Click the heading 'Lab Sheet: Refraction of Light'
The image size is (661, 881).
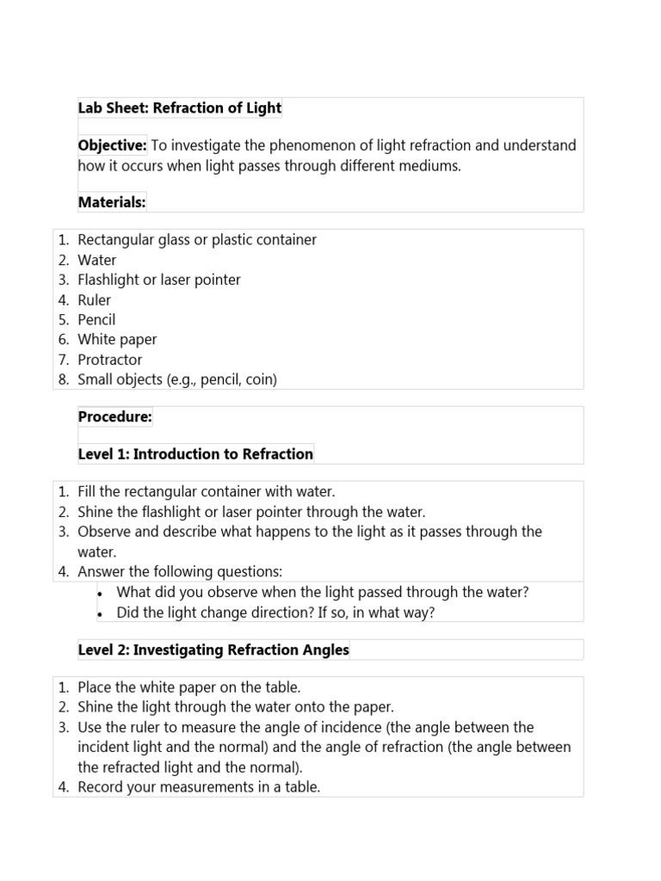(179, 108)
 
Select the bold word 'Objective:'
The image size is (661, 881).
(112, 145)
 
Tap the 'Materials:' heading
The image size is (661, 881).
(112, 202)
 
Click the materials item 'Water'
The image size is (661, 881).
(96, 260)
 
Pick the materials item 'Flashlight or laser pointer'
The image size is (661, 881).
(159, 280)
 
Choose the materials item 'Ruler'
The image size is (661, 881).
(94, 300)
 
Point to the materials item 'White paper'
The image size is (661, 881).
(117, 340)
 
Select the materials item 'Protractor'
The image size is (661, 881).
(109, 360)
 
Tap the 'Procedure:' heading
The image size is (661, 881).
(114, 417)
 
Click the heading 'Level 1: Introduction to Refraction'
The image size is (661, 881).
(195, 453)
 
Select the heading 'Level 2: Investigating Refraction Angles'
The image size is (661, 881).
(213, 650)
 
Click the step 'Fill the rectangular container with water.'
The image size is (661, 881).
(206, 492)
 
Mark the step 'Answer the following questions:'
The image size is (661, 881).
(180, 571)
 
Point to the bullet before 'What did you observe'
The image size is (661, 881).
(101, 593)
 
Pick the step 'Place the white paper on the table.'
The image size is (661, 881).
(189, 687)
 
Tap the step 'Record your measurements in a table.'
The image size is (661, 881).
(199, 787)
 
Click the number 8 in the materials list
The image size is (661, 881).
(63, 379)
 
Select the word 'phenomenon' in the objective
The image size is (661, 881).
(324, 145)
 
